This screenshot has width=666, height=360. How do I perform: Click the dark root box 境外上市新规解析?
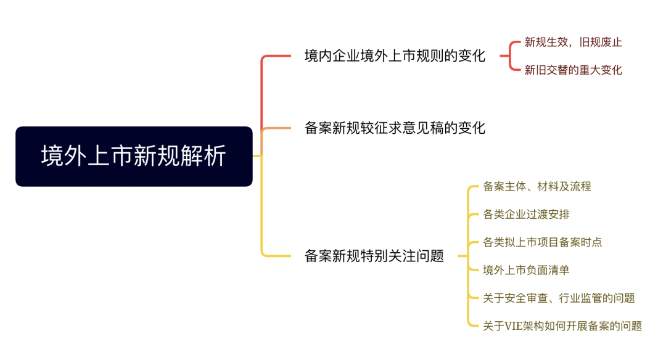[x=134, y=156]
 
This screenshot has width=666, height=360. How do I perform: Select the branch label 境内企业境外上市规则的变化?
[x=395, y=56]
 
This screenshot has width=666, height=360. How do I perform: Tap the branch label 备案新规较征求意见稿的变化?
[x=395, y=128]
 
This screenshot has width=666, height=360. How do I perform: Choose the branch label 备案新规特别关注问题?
[x=374, y=256]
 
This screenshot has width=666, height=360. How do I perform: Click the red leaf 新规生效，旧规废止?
[x=573, y=42]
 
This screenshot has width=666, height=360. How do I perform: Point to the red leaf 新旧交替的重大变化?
[x=573, y=70]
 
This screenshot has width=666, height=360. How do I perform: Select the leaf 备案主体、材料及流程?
[x=537, y=186]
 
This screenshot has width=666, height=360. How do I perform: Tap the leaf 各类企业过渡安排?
[x=526, y=215]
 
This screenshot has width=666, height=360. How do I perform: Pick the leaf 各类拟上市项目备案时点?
[x=543, y=242]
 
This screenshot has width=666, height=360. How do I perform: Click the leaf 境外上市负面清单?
[x=526, y=271]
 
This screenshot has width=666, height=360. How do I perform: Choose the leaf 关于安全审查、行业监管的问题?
[x=559, y=298]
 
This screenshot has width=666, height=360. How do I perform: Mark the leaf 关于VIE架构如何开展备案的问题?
[x=562, y=326]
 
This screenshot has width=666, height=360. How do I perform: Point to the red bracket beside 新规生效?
[x=510, y=55]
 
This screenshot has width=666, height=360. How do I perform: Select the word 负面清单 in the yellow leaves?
[x=548, y=271]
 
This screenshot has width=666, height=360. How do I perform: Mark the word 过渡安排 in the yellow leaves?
[x=548, y=215]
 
